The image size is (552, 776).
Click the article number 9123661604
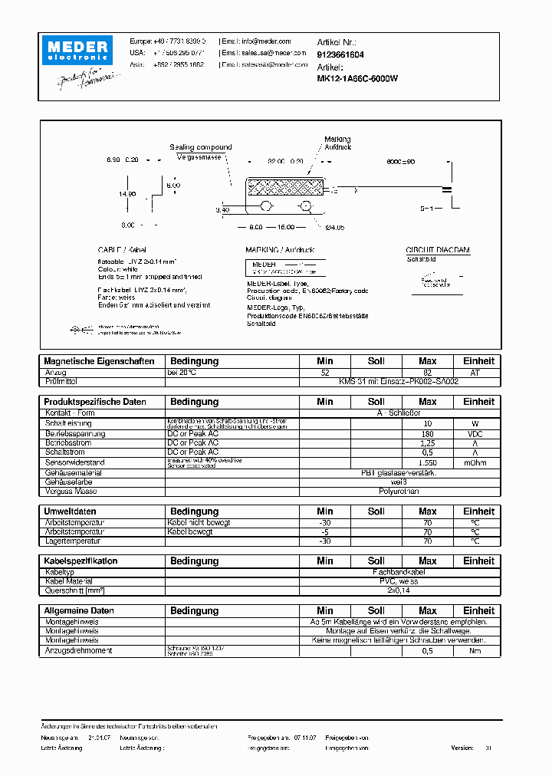[x=340, y=55]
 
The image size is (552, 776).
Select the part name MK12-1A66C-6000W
[x=357, y=78]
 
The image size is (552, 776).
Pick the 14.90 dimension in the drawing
[x=128, y=194]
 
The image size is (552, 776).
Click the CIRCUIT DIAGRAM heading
[x=437, y=250]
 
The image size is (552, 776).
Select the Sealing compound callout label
[x=201, y=147]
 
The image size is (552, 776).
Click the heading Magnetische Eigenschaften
[x=100, y=361]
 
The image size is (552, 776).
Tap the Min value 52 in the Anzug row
[x=325, y=372]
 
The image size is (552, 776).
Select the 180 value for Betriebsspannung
[x=427, y=434]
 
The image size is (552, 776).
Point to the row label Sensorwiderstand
[x=76, y=462]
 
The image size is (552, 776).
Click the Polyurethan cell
[x=399, y=491]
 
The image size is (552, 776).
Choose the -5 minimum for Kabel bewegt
[x=325, y=532]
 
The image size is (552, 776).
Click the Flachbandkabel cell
[x=399, y=572]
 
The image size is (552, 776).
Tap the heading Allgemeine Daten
[x=80, y=611]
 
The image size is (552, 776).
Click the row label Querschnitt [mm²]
[x=74, y=590]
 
